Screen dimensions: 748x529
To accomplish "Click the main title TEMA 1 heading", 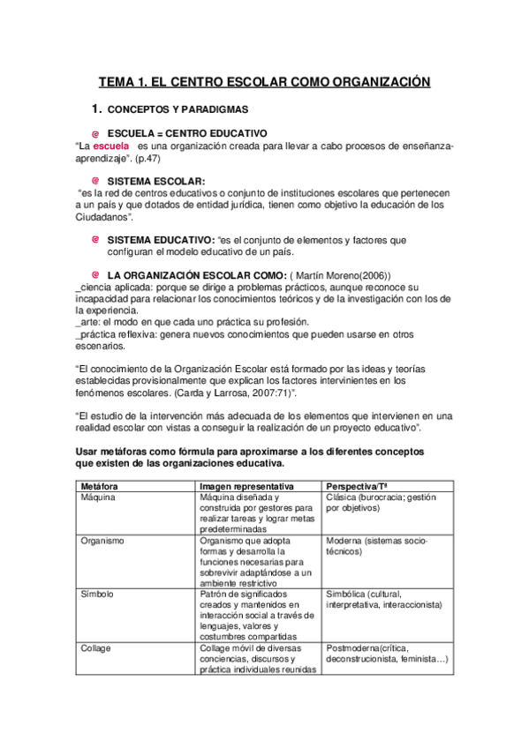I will tap(264, 82).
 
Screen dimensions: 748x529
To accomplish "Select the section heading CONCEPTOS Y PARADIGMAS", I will tap(178, 110).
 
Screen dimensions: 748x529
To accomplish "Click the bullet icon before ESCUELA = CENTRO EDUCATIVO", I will tap(95, 133).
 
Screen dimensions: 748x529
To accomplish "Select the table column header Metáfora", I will tap(99, 486).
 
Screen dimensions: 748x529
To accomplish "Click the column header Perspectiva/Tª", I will tap(356, 486).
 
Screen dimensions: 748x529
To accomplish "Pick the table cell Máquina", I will tap(98, 497).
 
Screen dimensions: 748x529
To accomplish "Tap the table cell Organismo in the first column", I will tap(102, 540).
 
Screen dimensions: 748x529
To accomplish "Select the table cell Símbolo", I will tap(97, 594).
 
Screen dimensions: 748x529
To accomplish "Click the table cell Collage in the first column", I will tap(95, 647).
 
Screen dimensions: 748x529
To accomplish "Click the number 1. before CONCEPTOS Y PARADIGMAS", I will tap(98, 110).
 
